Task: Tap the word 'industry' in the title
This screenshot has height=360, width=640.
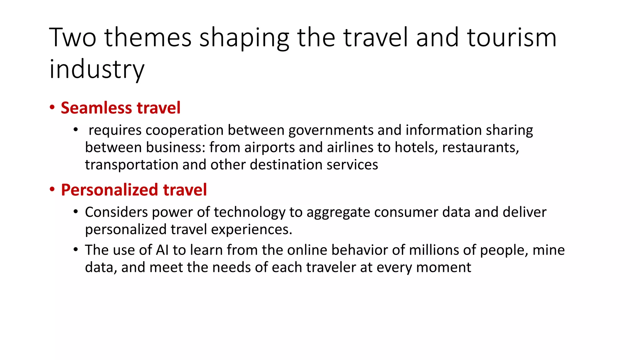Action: pos(97,69)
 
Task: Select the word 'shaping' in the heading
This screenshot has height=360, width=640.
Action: pos(244,38)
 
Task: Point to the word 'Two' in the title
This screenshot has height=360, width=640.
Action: pos(73,37)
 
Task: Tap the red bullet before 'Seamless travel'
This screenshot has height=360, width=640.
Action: pos(52,107)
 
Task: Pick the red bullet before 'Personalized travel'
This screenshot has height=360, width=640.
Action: pos(52,189)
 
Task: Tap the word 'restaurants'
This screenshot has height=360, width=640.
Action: pos(480,147)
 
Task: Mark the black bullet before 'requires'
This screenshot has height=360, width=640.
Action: pos(76,129)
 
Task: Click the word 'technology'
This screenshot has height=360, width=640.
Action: pos(249,212)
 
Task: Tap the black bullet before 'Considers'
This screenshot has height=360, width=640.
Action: pos(76,212)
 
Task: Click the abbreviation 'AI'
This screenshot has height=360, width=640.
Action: pos(162,250)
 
